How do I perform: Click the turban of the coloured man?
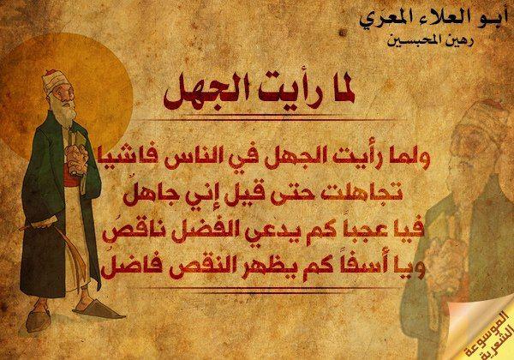pyautogui.click(x=53, y=80)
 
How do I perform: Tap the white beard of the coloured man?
pyautogui.click(x=67, y=116)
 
